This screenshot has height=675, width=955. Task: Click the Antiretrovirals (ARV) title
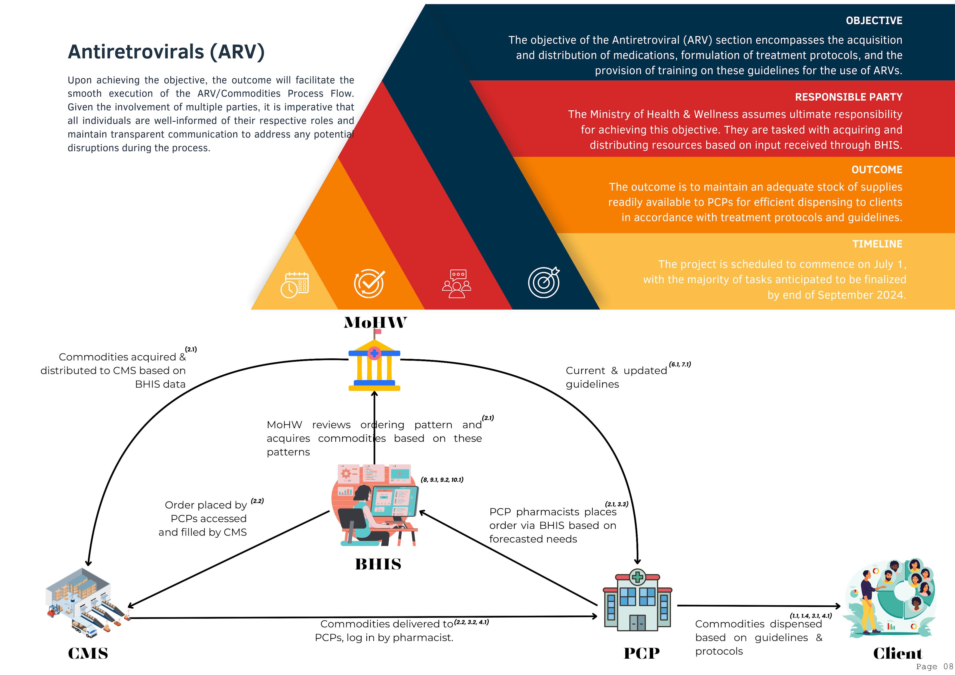pos(166,52)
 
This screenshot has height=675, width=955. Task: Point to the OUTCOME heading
pos(876,170)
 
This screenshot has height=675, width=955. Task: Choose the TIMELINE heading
pos(877,244)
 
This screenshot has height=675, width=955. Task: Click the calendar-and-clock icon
pos(294,285)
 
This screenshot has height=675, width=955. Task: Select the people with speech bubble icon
pos(456,284)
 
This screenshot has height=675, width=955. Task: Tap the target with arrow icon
pos(544,282)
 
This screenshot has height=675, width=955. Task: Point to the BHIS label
pos(378,564)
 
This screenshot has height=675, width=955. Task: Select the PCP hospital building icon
pos(637,601)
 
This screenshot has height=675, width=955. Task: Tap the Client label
pos(898,654)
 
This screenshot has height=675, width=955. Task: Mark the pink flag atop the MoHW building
pos(378,331)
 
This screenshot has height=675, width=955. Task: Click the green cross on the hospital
pos(638,577)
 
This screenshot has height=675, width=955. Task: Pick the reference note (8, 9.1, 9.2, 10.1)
pos(442,480)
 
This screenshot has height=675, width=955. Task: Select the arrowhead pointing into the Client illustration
pos(837,606)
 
